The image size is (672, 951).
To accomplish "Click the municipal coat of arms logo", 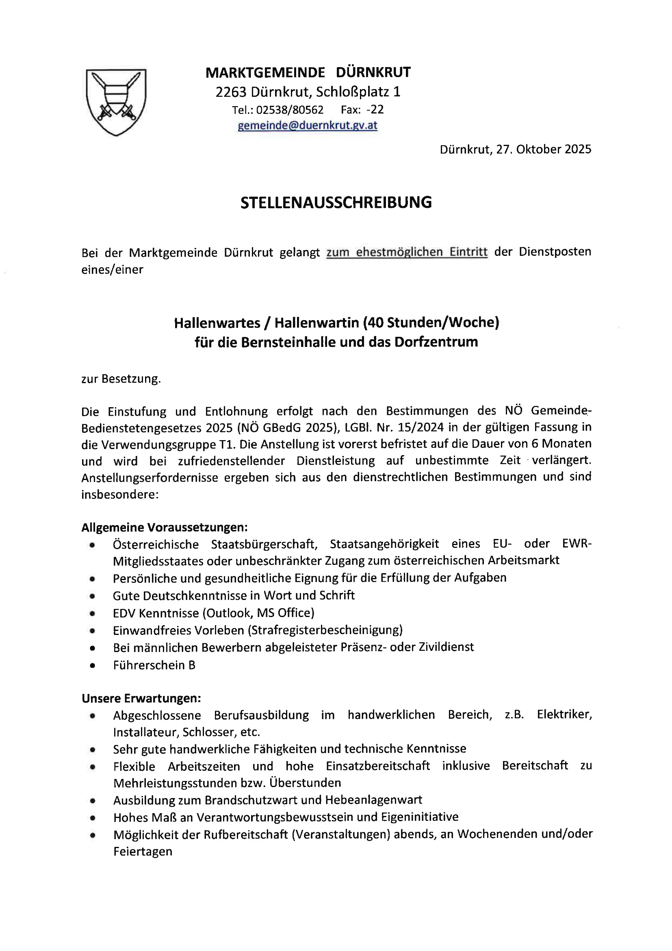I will (116, 102).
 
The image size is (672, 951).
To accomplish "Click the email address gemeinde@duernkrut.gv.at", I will (308, 126).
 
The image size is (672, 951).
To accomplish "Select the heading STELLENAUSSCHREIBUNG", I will (336, 203).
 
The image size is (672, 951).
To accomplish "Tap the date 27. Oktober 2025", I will (544, 149).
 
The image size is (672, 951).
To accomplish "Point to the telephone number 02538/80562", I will (290, 110).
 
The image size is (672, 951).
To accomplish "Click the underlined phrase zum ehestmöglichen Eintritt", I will (407, 252).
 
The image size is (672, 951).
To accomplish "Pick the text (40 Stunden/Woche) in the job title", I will (431, 322).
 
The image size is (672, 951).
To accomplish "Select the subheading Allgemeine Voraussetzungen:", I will (165, 527).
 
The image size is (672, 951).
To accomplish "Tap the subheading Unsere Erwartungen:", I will (141, 698).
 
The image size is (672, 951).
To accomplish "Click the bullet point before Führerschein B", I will (92, 665).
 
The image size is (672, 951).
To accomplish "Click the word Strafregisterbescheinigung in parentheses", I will (325, 630).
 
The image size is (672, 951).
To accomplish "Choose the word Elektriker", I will (564, 715).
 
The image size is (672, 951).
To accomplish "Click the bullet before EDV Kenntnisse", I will (92, 613).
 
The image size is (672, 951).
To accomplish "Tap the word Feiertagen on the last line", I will (143, 851).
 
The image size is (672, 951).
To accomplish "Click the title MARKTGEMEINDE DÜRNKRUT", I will (308, 72).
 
